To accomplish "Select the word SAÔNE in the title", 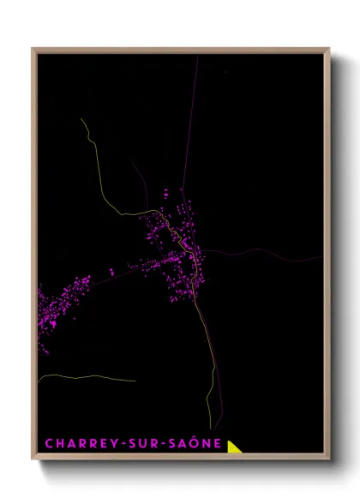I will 192,444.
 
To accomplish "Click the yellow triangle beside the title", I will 234,447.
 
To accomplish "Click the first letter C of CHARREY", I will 49,444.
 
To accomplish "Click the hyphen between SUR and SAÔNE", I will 161,444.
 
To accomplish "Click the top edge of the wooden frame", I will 180,49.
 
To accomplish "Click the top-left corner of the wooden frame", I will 33,49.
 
